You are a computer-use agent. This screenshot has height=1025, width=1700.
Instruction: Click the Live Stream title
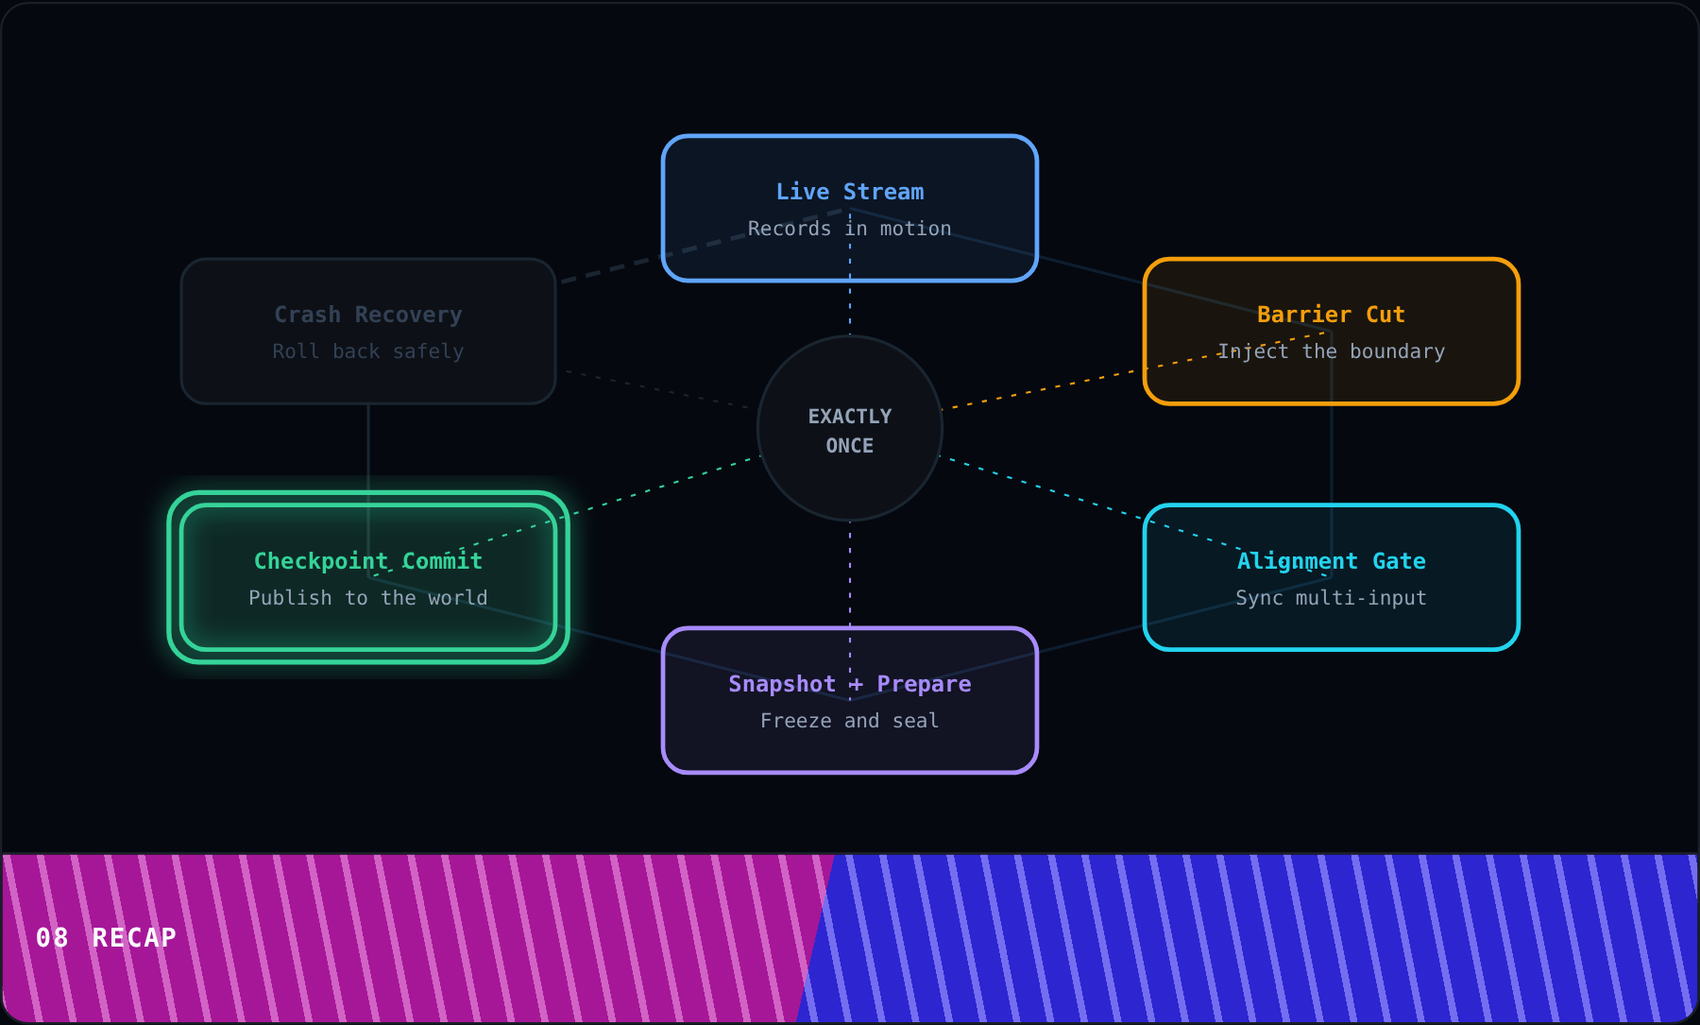tap(850, 192)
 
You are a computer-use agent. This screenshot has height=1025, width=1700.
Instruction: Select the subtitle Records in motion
tap(850, 229)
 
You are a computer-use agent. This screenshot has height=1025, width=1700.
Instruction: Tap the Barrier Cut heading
tap(1331, 315)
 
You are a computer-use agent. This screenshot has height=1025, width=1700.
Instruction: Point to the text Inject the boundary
tap(1331, 351)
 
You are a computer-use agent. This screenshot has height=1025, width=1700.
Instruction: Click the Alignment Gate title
tap(1331, 561)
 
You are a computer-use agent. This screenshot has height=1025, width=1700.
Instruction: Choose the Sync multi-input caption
tap(1331, 598)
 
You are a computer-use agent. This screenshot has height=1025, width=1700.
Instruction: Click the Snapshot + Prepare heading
tap(850, 684)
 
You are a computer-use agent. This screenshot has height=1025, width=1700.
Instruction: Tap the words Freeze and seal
tap(850, 721)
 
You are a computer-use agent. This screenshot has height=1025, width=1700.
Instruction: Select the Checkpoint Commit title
tap(368, 561)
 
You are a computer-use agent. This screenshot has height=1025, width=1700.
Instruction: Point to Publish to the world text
tap(368, 598)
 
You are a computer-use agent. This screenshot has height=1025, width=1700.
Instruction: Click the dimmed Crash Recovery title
tap(368, 315)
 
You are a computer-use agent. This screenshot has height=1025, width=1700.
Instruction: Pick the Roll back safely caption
tap(368, 351)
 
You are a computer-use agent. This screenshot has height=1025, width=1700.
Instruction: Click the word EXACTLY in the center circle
tap(850, 417)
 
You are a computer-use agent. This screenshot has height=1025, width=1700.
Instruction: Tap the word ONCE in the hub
tap(850, 446)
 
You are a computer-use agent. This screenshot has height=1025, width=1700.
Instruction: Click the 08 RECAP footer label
tap(106, 938)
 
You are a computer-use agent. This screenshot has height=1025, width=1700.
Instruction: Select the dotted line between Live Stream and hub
tap(850, 272)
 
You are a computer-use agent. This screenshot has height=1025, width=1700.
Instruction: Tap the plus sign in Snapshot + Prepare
tap(856, 685)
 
